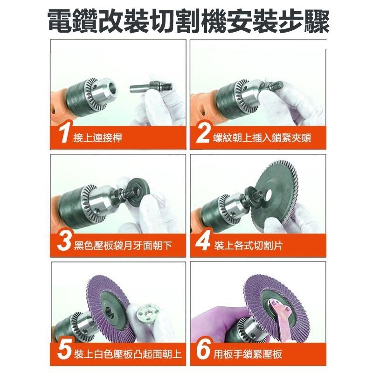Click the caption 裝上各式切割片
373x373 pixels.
(249, 246)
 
